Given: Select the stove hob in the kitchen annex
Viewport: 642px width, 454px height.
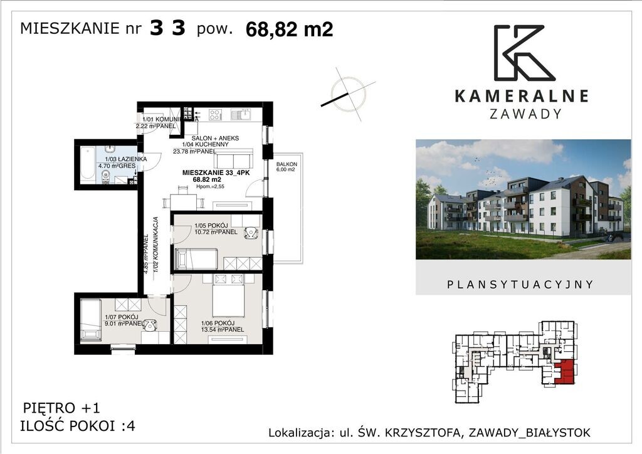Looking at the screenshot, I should pyautogui.click(x=215, y=115).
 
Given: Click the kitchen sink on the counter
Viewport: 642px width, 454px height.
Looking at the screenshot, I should pyautogui.click(x=241, y=115).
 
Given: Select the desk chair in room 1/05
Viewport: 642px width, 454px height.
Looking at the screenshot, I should pyautogui.click(x=251, y=233).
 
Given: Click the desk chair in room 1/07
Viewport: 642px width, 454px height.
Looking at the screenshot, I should pyautogui.click(x=150, y=325).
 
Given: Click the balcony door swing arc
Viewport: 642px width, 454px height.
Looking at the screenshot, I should pyautogui.click(x=255, y=187).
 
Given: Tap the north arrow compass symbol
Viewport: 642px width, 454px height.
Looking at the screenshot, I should pyautogui.click(x=347, y=94).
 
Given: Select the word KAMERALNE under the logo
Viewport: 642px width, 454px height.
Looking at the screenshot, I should pyautogui.click(x=520, y=96).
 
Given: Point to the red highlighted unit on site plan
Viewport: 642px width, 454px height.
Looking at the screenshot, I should pyautogui.click(x=564, y=372).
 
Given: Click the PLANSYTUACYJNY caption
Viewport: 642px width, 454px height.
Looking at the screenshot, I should pyautogui.click(x=520, y=284).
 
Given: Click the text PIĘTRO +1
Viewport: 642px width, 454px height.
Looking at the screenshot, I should pyautogui.click(x=61, y=406).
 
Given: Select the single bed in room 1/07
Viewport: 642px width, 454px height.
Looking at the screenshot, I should pyautogui.click(x=91, y=319).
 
